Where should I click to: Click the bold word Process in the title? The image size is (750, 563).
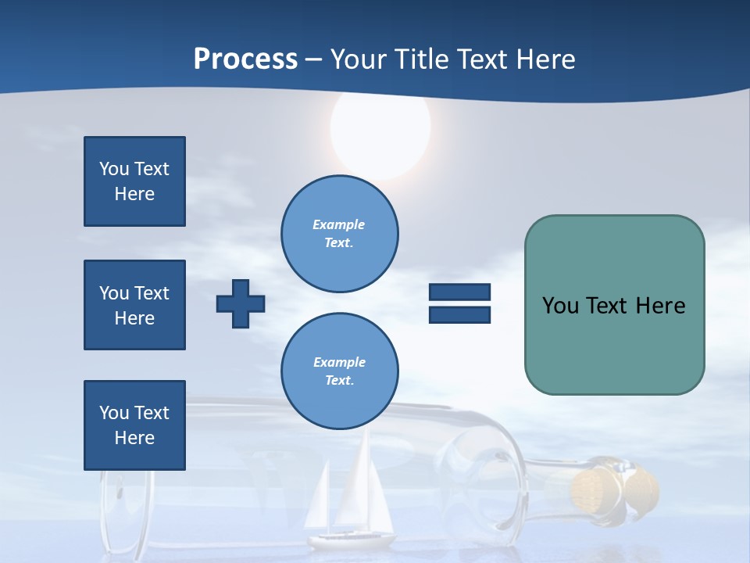(x=245, y=59)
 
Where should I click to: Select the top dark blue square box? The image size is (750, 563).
(x=134, y=181)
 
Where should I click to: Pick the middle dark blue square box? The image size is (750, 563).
(x=134, y=305)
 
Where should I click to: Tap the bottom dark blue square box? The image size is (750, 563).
(x=134, y=425)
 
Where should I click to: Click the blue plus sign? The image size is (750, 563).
(x=241, y=303)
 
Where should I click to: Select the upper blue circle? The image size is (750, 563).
(x=340, y=234)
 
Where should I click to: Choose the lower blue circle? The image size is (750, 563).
(x=340, y=371)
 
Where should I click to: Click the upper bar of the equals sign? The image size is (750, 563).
(x=459, y=292)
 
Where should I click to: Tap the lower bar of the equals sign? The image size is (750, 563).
(x=459, y=315)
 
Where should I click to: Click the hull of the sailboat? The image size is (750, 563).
(x=351, y=540)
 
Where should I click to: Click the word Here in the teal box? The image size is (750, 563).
(x=660, y=306)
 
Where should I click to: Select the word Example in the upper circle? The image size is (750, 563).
(x=338, y=224)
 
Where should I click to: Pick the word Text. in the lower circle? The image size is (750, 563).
(x=339, y=381)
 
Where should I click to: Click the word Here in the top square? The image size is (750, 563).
(x=134, y=194)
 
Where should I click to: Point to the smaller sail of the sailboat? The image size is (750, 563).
(x=318, y=500)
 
